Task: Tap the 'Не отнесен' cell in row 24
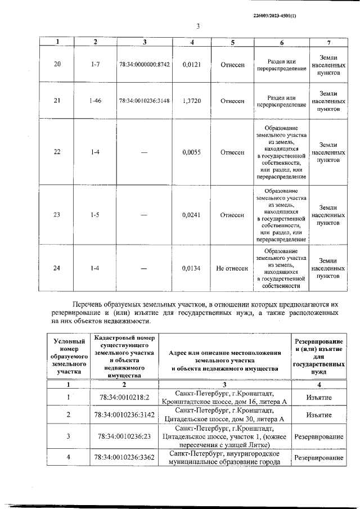[x=232, y=269]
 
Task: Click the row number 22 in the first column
[x=57, y=152]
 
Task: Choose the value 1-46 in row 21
[x=95, y=101]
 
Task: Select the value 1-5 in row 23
[x=95, y=215]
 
